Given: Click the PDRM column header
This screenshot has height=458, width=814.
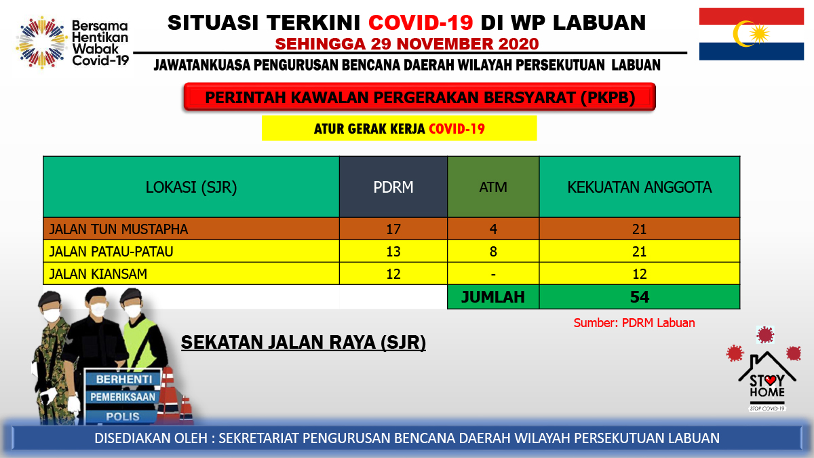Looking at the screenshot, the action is (x=393, y=187).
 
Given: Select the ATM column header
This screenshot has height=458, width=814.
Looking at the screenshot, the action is (x=493, y=187).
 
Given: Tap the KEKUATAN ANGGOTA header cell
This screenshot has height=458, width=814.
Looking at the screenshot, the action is (x=640, y=187).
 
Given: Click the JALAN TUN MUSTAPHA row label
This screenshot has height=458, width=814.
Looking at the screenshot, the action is (x=119, y=229).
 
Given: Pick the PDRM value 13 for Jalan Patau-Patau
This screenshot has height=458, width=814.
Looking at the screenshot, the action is (x=393, y=252).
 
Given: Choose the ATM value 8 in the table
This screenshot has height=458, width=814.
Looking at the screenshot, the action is (x=493, y=252).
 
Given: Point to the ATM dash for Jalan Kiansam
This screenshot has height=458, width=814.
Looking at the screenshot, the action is (x=493, y=274).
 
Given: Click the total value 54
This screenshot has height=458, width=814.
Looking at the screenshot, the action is (x=640, y=297).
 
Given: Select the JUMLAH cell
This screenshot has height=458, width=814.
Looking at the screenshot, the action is (x=493, y=297).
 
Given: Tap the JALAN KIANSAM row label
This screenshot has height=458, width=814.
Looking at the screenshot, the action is (x=98, y=273).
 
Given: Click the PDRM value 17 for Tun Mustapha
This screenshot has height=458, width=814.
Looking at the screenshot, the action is (x=393, y=229).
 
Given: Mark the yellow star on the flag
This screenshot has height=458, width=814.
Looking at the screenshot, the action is (x=760, y=33).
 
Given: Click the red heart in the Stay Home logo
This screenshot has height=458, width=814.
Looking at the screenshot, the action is (x=770, y=380).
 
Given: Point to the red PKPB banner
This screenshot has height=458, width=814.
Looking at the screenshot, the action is (x=420, y=97).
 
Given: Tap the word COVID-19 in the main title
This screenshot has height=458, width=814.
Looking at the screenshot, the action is (x=421, y=22).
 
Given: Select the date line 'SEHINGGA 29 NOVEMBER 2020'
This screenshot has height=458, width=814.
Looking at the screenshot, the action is (x=406, y=44).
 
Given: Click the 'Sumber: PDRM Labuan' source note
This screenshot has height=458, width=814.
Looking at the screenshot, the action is (x=634, y=323).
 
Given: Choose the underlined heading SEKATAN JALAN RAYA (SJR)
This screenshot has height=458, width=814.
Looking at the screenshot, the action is (x=303, y=343).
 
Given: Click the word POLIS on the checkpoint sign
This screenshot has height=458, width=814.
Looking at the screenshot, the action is (x=123, y=416).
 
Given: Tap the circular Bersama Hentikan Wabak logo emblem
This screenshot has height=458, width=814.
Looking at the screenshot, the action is (x=41, y=42).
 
